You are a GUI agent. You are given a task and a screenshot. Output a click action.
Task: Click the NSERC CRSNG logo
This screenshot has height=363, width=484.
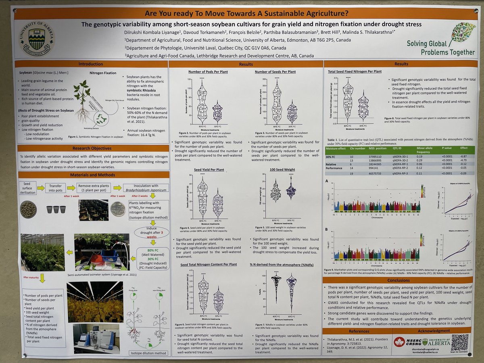(x=405, y=341)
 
